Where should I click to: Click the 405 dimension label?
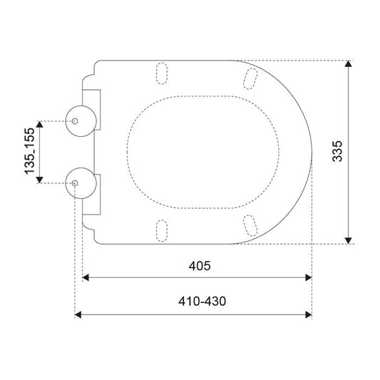coord(200,266)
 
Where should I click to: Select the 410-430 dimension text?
coord(202,302)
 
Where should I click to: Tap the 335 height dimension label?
coord(337,151)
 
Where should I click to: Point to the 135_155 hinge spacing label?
coord(29,150)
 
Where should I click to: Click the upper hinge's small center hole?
coord(75,121)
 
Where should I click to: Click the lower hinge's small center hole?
coord(75,183)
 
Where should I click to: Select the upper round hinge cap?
coord(81,121)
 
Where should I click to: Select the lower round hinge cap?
coord(81,183)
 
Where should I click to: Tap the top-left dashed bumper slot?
coord(162,73)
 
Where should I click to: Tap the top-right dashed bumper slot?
coord(250,78)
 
